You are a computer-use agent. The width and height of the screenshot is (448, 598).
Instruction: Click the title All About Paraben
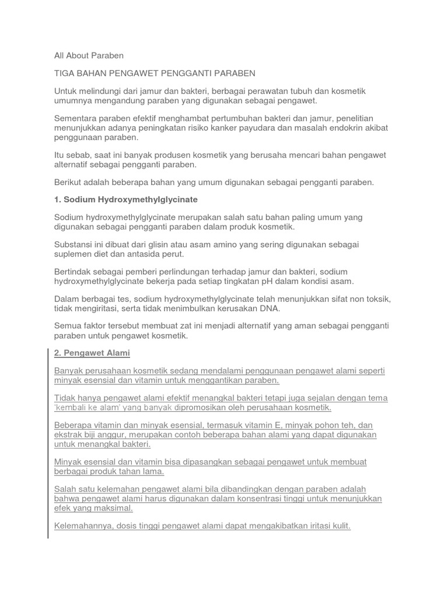click(x=89, y=55)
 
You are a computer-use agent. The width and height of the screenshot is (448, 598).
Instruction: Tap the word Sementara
click(x=75, y=119)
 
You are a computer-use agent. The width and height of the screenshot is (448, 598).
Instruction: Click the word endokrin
click(x=350, y=128)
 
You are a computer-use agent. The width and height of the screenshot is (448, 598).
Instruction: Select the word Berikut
click(x=68, y=182)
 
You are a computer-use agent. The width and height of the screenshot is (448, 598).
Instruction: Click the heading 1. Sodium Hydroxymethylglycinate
click(x=125, y=200)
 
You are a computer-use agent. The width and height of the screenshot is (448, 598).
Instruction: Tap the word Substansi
click(x=73, y=245)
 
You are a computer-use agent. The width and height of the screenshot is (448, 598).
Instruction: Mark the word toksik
click(x=379, y=299)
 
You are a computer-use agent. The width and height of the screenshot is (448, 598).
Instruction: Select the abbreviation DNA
click(x=270, y=308)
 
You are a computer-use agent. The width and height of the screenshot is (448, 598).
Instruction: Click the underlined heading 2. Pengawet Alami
click(x=92, y=353)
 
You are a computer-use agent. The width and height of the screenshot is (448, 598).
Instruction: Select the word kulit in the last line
click(x=339, y=526)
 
